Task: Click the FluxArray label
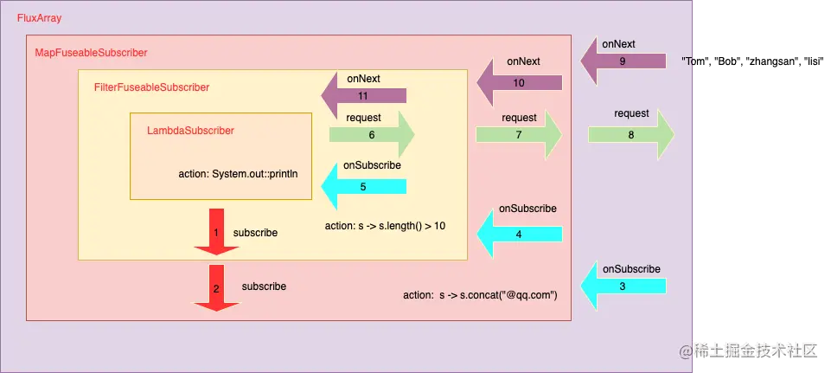(39, 18)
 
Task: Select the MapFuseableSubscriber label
(91, 53)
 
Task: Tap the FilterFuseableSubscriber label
(151, 87)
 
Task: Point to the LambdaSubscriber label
(190, 130)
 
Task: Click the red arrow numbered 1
(215, 232)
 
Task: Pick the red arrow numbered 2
(215, 287)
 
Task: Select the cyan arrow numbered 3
(623, 286)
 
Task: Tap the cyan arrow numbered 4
(520, 234)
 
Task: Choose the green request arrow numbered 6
(372, 135)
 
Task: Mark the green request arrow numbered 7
(519, 135)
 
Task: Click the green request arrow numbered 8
(631, 135)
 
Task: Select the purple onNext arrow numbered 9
(623, 61)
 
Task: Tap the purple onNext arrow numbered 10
(520, 83)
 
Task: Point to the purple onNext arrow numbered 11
(363, 95)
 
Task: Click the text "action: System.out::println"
(239, 173)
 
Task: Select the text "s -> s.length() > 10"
(403, 226)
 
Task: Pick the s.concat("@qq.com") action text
(498, 295)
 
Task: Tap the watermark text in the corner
(749, 350)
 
